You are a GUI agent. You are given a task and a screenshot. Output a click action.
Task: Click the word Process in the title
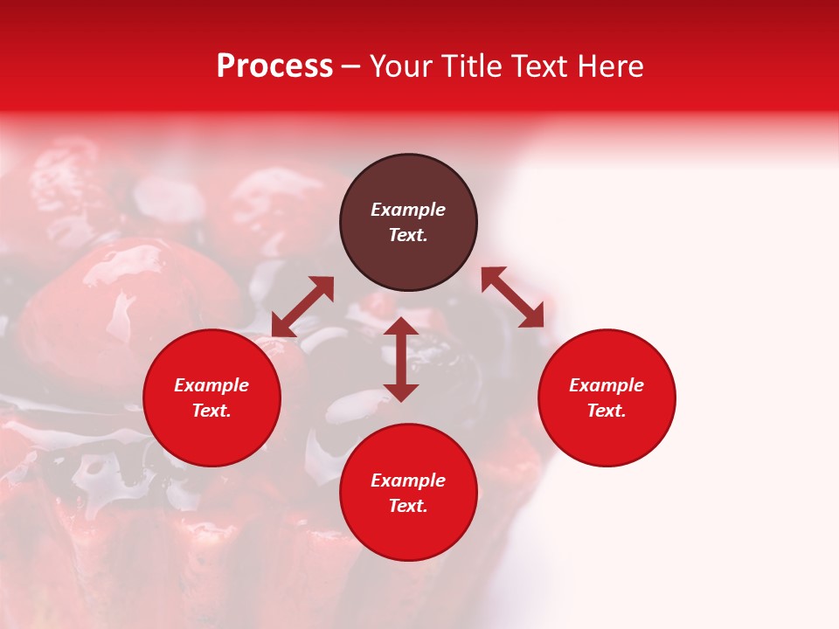(x=274, y=66)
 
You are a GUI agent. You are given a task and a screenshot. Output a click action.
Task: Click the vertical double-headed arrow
(x=401, y=359)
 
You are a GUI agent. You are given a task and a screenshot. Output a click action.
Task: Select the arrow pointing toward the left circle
(x=302, y=307)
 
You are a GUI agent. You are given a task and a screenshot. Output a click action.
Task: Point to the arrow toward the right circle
(x=513, y=297)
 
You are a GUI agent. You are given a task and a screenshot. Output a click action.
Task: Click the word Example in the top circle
(x=408, y=210)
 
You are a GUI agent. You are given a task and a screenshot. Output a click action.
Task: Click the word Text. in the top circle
(x=408, y=235)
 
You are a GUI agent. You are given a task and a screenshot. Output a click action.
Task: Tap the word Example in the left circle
(x=211, y=385)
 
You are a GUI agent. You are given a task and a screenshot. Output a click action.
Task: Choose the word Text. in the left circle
(x=211, y=411)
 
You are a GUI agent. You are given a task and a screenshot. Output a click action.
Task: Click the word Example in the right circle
(x=607, y=385)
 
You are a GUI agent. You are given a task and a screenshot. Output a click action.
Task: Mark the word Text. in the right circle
(x=607, y=411)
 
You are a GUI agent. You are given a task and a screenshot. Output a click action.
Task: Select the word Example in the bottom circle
(x=408, y=480)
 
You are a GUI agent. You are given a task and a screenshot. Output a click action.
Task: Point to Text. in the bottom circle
(x=408, y=506)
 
